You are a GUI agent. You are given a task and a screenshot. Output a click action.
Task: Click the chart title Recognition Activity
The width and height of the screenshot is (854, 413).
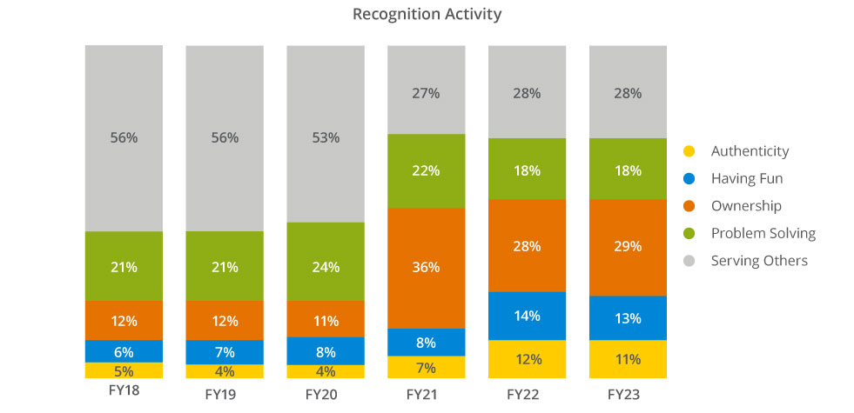427,15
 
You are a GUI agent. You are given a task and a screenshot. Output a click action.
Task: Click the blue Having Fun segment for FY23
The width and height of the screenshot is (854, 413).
628,317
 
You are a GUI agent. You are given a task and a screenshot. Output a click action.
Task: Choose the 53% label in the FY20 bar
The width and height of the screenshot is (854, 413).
326,137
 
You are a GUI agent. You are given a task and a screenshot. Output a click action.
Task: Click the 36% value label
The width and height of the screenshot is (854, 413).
426,268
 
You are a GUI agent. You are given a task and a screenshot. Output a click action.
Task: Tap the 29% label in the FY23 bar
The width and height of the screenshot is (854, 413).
628,247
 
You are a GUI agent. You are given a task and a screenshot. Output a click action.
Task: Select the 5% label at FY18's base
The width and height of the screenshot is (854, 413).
124,370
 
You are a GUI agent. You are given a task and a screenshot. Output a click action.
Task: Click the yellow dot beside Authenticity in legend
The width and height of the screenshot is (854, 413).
689,151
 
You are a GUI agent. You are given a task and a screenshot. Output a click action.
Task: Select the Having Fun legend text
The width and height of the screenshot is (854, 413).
746,179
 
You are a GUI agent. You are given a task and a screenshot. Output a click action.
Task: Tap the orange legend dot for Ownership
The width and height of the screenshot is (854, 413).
689,206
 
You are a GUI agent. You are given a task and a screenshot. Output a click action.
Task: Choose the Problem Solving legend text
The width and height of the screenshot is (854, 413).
763,233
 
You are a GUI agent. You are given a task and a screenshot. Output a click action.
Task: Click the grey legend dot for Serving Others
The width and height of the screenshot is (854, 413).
689,261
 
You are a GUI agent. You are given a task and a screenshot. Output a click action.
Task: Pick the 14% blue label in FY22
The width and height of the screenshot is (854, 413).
527,316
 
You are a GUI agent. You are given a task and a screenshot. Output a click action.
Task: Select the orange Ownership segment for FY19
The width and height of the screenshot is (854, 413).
225,320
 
